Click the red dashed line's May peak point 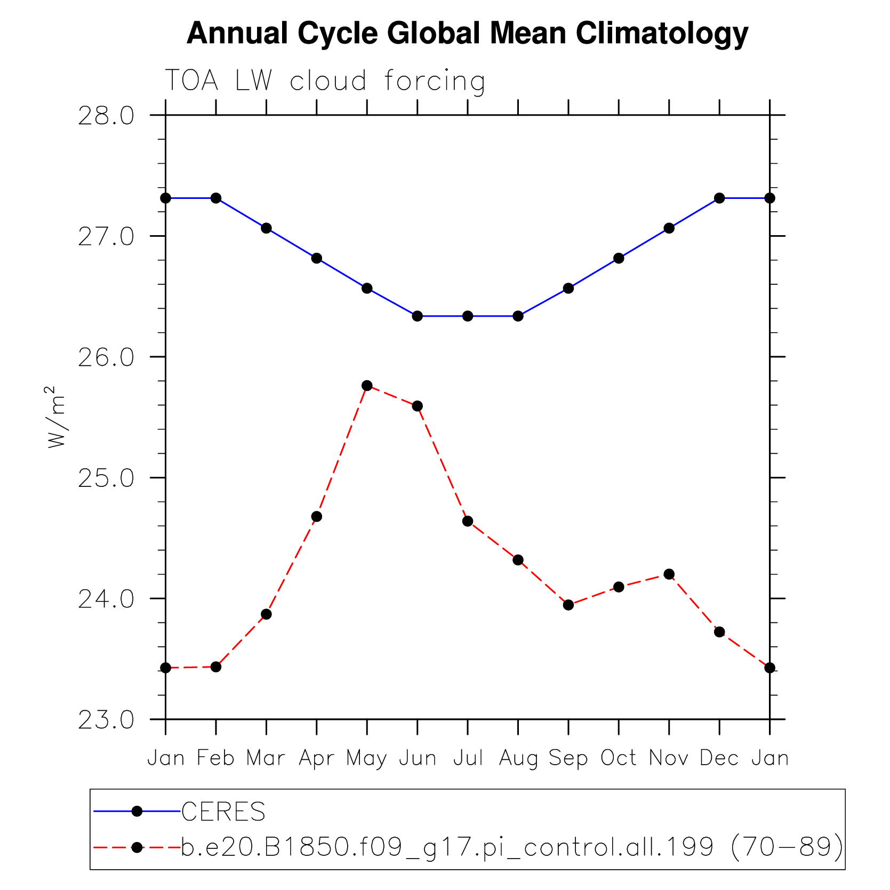click(x=367, y=386)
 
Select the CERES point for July click(x=468, y=316)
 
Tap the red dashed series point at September click(x=568, y=605)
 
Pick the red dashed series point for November click(x=669, y=574)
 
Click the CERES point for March click(x=266, y=228)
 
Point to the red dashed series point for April click(x=317, y=516)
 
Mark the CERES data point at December click(x=719, y=198)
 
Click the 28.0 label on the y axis click(x=106, y=116)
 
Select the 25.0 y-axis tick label click(x=106, y=478)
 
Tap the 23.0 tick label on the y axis click(x=106, y=720)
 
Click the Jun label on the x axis click(x=418, y=758)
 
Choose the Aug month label click(x=518, y=758)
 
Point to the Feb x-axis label click(x=216, y=758)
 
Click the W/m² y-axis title click(x=56, y=417)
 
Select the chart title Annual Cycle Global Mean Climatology click(x=467, y=33)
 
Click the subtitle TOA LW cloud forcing click(x=325, y=81)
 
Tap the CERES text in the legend click(x=223, y=812)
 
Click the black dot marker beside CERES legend click(x=137, y=811)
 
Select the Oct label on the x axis click(x=619, y=758)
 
